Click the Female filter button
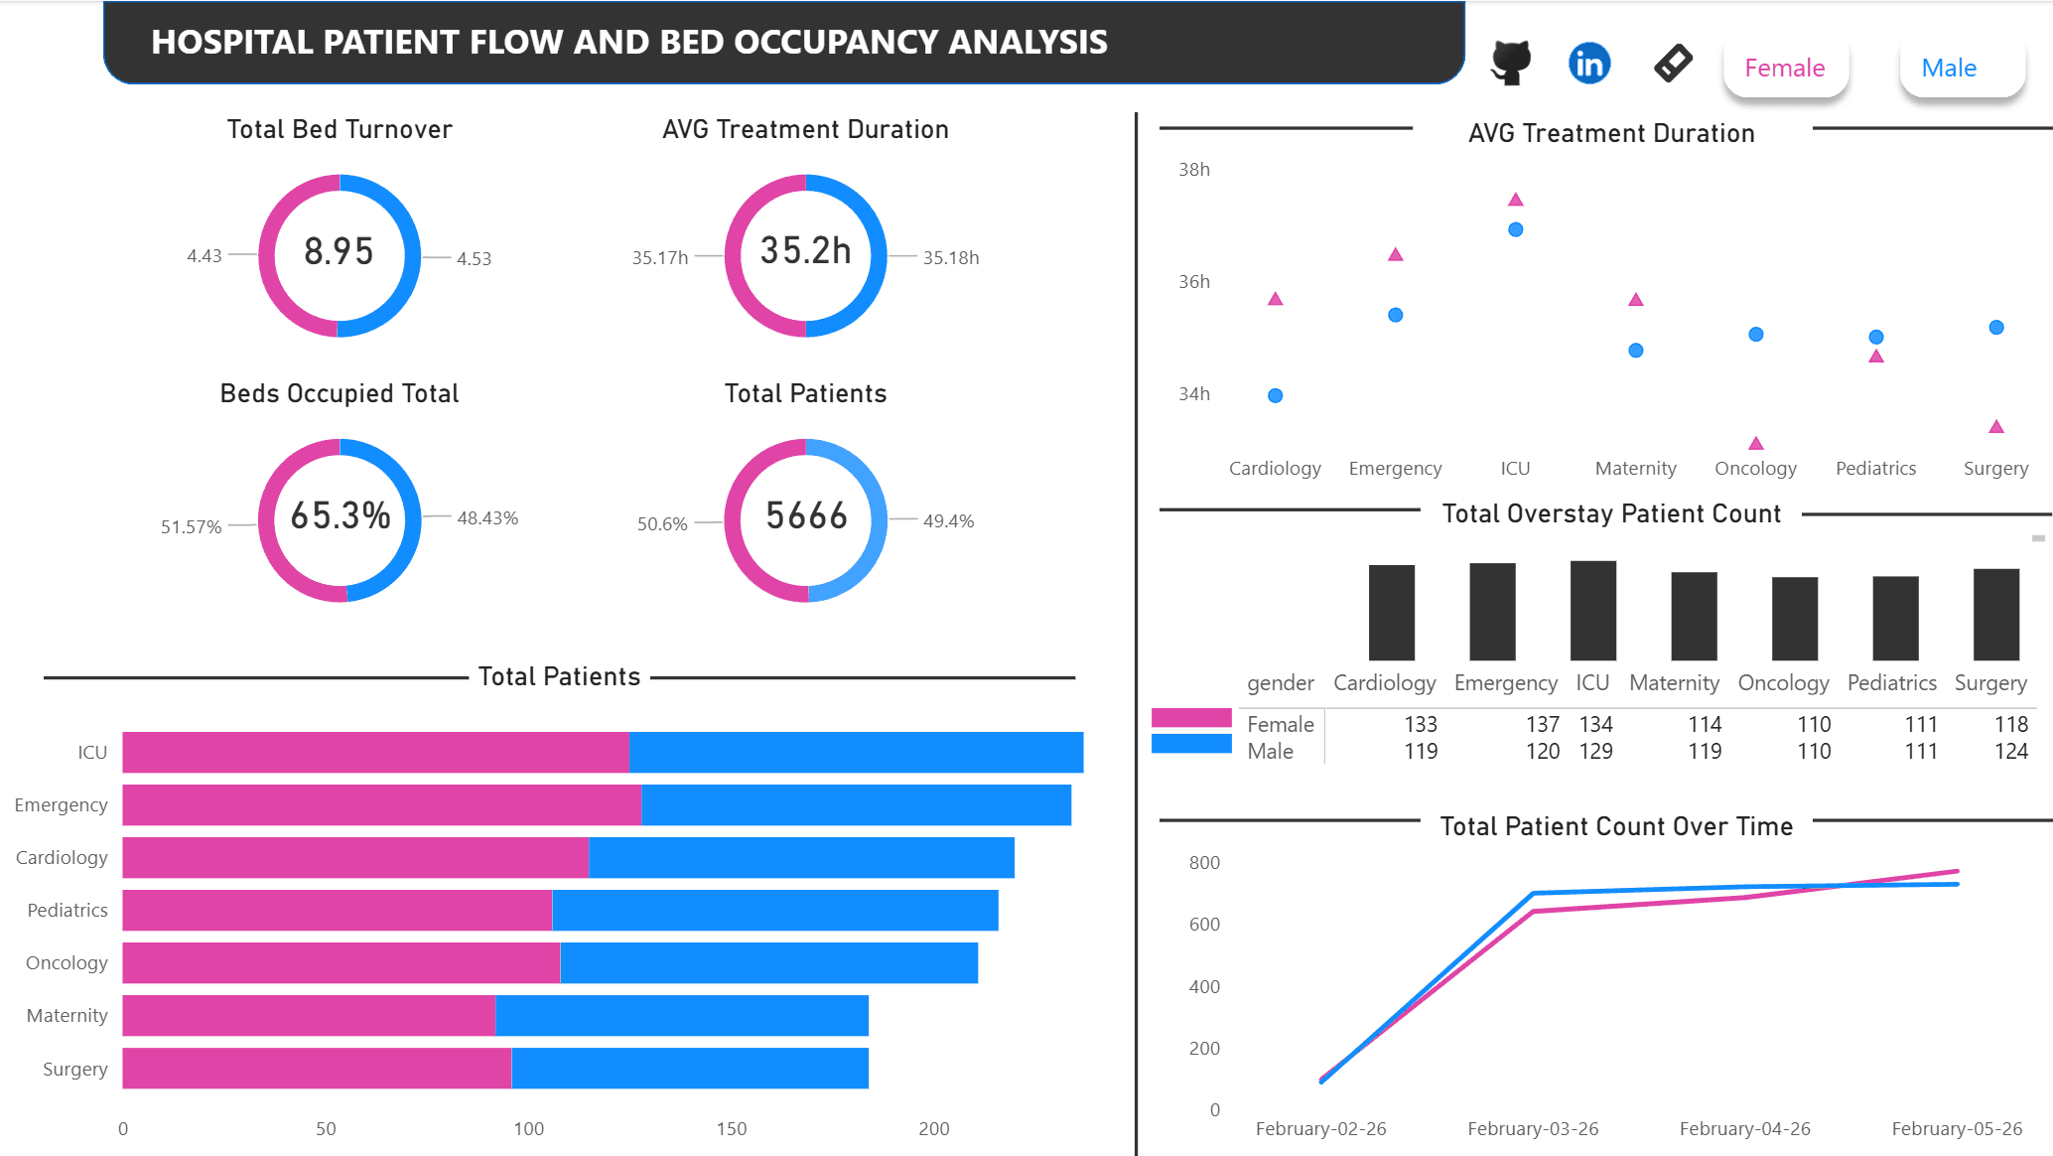1785,68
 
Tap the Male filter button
1949,68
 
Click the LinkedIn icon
1588,64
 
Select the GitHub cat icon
1510,63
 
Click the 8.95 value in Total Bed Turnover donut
339,251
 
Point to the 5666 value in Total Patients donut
806,515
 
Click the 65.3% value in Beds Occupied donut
340,515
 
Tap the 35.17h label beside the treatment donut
659,257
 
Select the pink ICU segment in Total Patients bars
375,752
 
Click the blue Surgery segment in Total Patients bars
689,1068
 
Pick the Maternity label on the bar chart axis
67,1015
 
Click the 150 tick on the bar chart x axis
731,1128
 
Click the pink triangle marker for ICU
1515,200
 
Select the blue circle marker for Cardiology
1275,395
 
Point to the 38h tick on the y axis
1193,169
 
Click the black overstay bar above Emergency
1492,612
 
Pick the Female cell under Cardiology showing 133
1420,724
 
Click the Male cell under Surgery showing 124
2010,751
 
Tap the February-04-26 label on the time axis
1744,1128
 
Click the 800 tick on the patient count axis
1203,862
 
